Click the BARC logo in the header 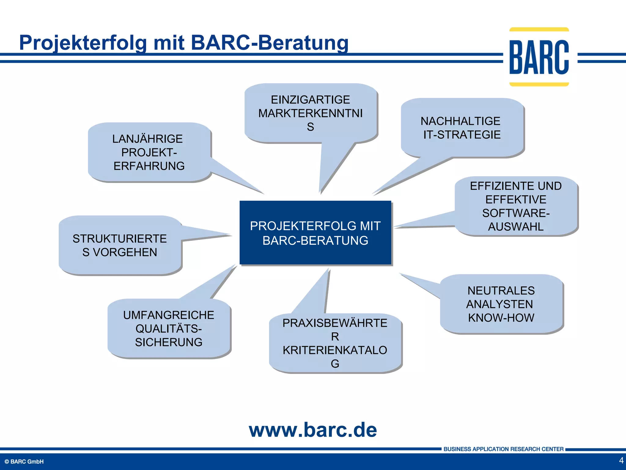click(x=539, y=57)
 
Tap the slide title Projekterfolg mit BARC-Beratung click(x=184, y=43)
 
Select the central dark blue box click(x=315, y=233)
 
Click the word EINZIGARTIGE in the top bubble click(x=310, y=100)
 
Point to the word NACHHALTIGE click(x=460, y=121)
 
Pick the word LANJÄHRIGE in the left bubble click(x=147, y=139)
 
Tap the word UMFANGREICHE click(x=168, y=315)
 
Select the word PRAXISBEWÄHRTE click(x=335, y=323)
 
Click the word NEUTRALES click(x=501, y=291)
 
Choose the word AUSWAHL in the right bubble click(x=516, y=227)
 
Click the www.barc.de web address click(x=313, y=430)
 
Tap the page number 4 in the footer click(x=621, y=461)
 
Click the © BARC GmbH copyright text click(x=24, y=462)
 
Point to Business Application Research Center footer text click(x=503, y=449)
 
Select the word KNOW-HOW click(x=501, y=318)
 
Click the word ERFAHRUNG click(x=149, y=166)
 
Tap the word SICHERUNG click(x=168, y=342)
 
